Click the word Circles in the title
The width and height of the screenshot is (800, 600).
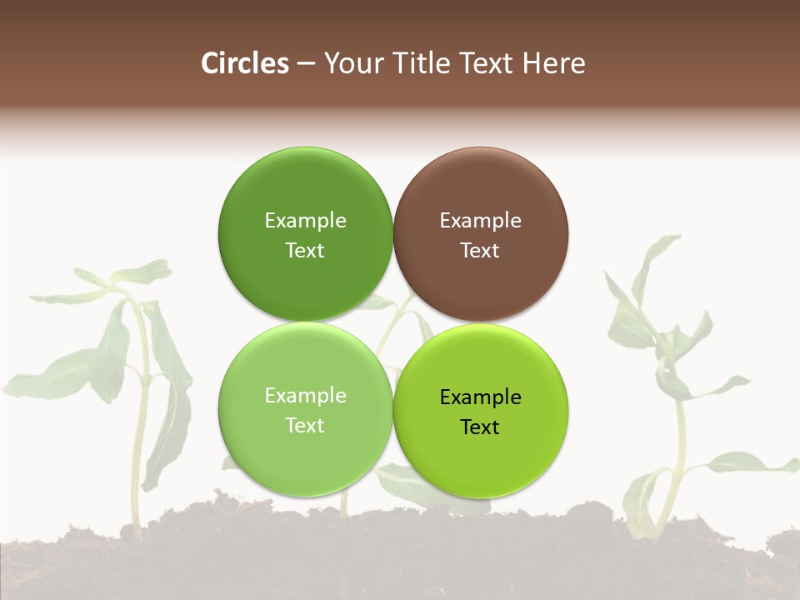point(245,63)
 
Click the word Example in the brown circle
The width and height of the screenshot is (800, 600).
point(480,220)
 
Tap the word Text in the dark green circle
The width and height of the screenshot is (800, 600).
point(305,250)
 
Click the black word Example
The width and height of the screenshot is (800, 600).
point(480,397)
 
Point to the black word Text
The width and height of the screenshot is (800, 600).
point(480,427)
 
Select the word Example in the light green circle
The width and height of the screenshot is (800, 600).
point(305,395)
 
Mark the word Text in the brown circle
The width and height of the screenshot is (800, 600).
point(480,250)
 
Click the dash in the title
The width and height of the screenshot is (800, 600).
point(306,64)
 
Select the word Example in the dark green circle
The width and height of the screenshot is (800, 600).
point(305,220)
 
